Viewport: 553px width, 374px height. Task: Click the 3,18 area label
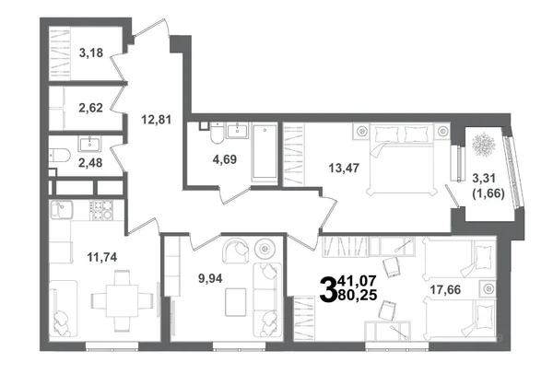pos(91,53)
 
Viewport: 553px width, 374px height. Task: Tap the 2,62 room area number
pos(90,108)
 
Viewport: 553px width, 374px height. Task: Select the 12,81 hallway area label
pos(157,120)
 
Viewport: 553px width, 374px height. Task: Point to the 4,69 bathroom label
pos(225,159)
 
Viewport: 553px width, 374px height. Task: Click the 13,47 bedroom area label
pos(344,169)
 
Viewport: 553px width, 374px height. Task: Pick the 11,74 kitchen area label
pos(102,257)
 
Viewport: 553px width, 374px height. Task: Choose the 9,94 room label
pos(210,279)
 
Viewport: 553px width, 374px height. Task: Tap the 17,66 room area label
pos(445,290)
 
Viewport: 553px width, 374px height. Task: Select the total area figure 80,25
pos(358,295)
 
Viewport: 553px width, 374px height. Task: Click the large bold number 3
pos(328,289)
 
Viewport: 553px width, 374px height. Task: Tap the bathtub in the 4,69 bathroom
pos(265,152)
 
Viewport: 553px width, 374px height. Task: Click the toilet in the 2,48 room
pos(59,155)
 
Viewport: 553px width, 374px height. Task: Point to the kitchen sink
pos(61,210)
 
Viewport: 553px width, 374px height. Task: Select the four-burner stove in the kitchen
pos(101,210)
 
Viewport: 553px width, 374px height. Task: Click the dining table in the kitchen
pos(122,301)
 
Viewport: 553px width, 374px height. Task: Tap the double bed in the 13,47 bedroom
pos(402,158)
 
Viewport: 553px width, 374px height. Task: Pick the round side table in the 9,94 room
pos(265,250)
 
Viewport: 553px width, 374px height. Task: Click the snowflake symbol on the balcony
pos(484,145)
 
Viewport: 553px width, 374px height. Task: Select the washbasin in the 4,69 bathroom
pos(238,131)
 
